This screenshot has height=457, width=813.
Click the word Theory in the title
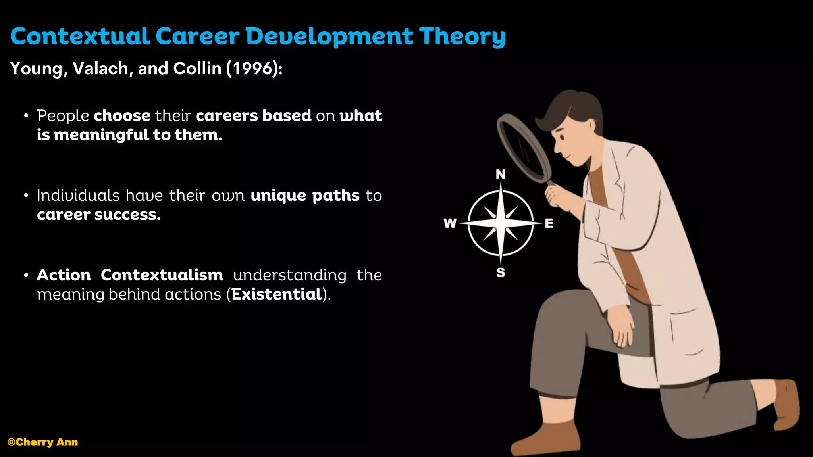[x=462, y=36]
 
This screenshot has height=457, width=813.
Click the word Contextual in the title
[x=80, y=36]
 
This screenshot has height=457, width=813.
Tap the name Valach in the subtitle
[x=100, y=69]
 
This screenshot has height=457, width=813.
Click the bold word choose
[x=122, y=116]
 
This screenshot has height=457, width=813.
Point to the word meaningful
[x=102, y=135]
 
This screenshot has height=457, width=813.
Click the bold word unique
[x=278, y=196]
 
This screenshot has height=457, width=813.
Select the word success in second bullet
[x=127, y=215]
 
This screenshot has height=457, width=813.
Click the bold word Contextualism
[x=162, y=275]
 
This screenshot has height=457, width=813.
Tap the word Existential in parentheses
[x=276, y=294]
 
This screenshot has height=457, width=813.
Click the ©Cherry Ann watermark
[x=43, y=442]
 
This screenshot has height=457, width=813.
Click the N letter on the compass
[x=501, y=174]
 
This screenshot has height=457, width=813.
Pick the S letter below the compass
[x=501, y=273]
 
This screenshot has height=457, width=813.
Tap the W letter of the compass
[x=450, y=223]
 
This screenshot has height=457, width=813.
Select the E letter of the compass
[x=549, y=223]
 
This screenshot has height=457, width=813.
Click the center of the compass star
[x=501, y=223]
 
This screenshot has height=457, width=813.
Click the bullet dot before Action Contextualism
[x=26, y=275]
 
